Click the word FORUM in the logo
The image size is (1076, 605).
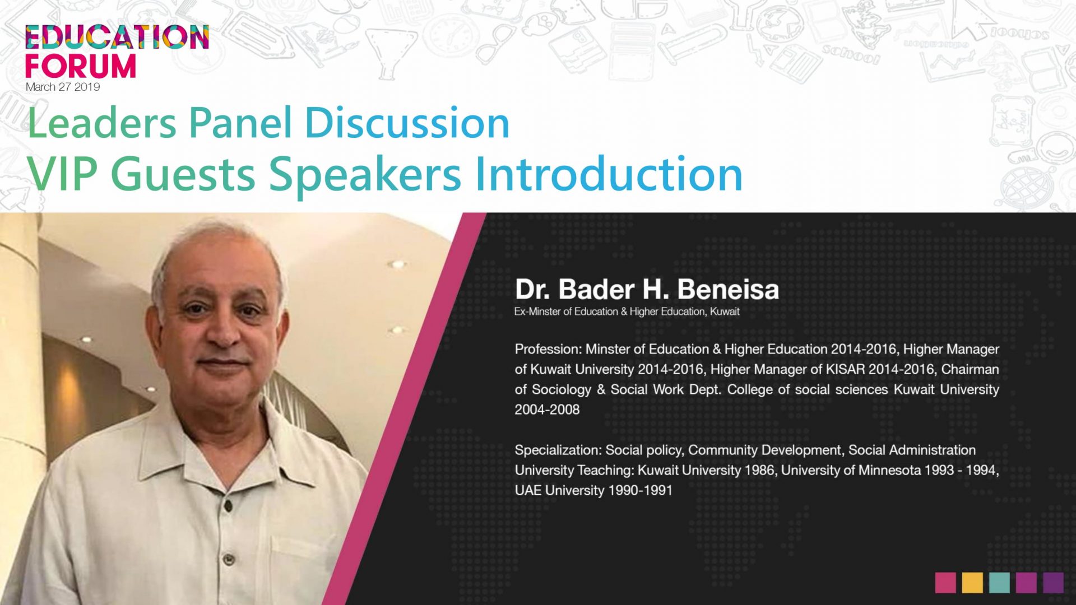pos(81,66)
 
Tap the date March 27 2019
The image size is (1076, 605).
pos(63,87)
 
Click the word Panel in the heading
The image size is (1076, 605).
pos(240,123)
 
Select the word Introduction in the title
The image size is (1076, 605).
pos(609,174)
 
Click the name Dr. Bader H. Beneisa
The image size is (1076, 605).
pos(647,289)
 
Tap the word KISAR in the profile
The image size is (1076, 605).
pos(846,369)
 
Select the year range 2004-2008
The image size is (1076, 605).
pos(547,409)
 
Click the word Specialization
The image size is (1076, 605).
pos(558,450)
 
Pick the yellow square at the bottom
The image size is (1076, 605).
pos(972,583)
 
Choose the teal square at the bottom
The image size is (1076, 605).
pos(999,583)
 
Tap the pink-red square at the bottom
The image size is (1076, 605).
pos(945,583)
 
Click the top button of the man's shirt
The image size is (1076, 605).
pos(228,505)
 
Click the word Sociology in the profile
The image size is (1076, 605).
pos(562,390)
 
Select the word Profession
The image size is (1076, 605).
pos(548,349)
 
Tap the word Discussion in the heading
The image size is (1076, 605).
pos(407,123)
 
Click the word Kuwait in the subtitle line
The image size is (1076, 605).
pos(725,311)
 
